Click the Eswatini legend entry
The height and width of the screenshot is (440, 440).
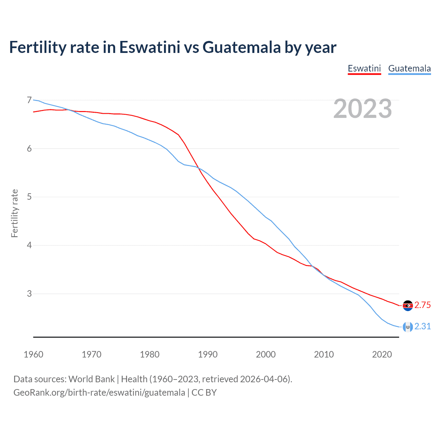pyautogui.click(x=364, y=68)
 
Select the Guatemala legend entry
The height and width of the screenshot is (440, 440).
pyautogui.click(x=409, y=68)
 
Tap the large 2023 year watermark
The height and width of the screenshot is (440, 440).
pyautogui.click(x=362, y=109)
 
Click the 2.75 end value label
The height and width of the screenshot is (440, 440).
pyautogui.click(x=422, y=305)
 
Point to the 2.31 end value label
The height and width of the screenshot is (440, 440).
pyautogui.click(x=422, y=327)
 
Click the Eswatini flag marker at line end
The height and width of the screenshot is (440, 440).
pyautogui.click(x=408, y=306)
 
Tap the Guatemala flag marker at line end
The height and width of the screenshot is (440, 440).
pyautogui.click(x=408, y=327)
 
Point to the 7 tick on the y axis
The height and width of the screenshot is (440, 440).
pyautogui.click(x=29, y=100)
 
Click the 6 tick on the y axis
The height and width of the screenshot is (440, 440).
pyautogui.click(x=29, y=149)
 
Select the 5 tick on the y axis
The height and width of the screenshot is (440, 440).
pyautogui.click(x=29, y=197)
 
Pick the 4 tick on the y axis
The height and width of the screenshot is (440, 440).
pyautogui.click(x=29, y=245)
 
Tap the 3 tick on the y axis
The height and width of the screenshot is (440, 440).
pyautogui.click(x=29, y=294)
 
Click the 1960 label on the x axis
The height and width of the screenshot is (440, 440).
pyautogui.click(x=33, y=354)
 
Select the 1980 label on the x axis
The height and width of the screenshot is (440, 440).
pyautogui.click(x=150, y=354)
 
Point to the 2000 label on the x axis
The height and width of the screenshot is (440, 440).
pyautogui.click(x=266, y=354)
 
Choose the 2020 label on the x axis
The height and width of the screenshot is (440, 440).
pyautogui.click(x=382, y=354)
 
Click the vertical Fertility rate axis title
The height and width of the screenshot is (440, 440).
pyautogui.click(x=14, y=213)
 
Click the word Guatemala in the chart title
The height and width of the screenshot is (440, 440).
pyautogui.click(x=242, y=47)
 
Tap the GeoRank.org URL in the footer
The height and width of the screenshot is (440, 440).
pyautogui.click(x=99, y=393)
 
